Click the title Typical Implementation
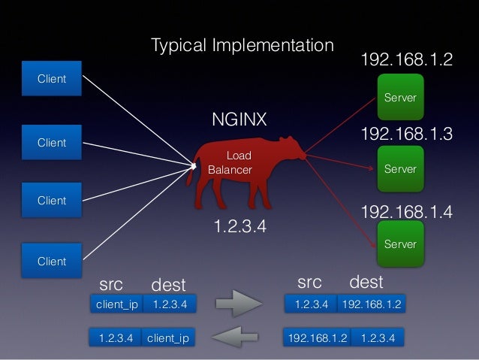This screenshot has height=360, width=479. click(242, 46)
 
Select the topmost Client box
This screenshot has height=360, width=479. click(52, 79)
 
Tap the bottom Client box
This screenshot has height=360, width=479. click(52, 262)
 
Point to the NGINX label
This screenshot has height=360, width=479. click(239, 120)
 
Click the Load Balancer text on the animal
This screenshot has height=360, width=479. click(231, 163)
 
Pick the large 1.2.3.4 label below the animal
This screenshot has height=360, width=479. click(240, 226)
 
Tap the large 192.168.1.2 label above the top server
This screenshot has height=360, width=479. click(407, 60)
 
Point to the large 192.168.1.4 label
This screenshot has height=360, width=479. click(407, 213)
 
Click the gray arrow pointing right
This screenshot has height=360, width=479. click(238, 305)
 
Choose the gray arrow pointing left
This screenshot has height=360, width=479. click(238, 338)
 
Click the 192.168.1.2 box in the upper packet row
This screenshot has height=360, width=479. click(371, 304)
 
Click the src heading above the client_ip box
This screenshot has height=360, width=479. click(111, 283)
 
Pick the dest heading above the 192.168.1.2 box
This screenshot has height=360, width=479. click(366, 283)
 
